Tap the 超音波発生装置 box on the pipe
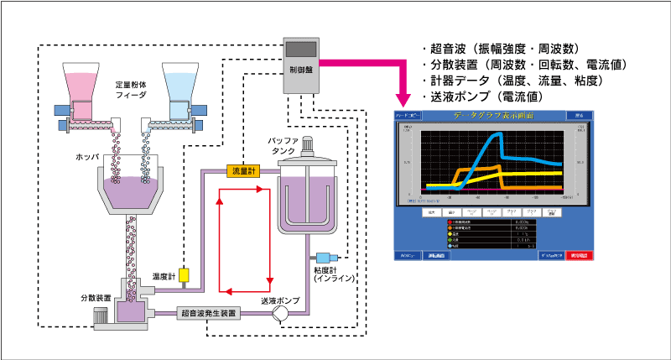point(209,313)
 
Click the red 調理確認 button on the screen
point(582,254)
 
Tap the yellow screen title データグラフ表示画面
point(496,114)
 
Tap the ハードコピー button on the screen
point(412,114)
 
